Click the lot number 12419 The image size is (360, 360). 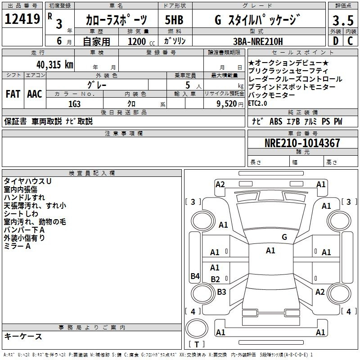pyautogui.click(x=22, y=19)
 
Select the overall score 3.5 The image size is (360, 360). pyautogui.click(x=343, y=20)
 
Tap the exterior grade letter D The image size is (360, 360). pyautogui.click(x=336, y=41)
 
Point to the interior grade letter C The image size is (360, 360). pyautogui.click(x=351, y=41)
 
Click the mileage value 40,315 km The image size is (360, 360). pyautogui.click(x=55, y=65)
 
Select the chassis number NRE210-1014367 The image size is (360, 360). pyautogui.click(x=302, y=143)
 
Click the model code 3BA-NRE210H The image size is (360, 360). pyautogui.click(x=258, y=41)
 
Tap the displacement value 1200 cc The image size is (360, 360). pyautogui.click(x=141, y=41)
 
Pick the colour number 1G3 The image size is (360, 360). pyautogui.click(x=74, y=104)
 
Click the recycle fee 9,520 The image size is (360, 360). pyautogui.click(x=227, y=104)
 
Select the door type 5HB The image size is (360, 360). pyautogui.click(x=174, y=20)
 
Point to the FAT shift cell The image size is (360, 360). pyautogui.click(x=13, y=94)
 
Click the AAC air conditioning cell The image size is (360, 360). pyautogui.click(x=35, y=94)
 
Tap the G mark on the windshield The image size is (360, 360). pyautogui.click(x=284, y=237)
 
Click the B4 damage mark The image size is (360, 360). pyautogui.click(x=195, y=276)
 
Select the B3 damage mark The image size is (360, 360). pyautogui.click(x=221, y=292)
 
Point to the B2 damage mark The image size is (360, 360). pyautogui.click(x=216, y=279)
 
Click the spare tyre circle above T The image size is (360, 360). pyautogui.click(x=197, y=328)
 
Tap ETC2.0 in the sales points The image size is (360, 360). pyautogui.click(x=257, y=103)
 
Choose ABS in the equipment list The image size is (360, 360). pyautogui.click(x=276, y=121)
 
